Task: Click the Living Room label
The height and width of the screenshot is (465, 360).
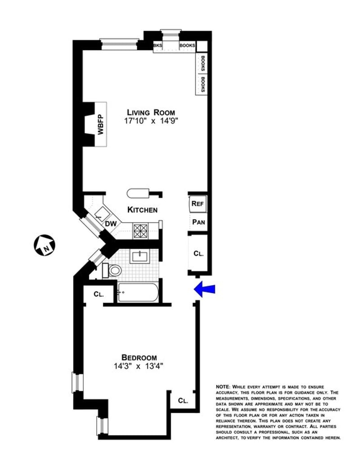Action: [x=150, y=112]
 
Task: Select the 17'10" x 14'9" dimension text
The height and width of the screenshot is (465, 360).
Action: [x=150, y=121]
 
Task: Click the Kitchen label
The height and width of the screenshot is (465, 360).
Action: [x=142, y=210]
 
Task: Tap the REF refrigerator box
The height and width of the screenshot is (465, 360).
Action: [x=198, y=204]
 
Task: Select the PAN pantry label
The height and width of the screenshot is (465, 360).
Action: [x=198, y=222]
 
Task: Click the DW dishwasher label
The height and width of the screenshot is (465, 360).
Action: [x=111, y=224]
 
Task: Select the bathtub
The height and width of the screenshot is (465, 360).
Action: [x=137, y=292]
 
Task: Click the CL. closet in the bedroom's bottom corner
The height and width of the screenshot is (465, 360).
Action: [x=183, y=400]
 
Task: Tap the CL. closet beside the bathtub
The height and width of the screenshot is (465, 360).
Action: [x=99, y=295]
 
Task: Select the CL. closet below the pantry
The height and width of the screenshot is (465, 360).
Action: [x=198, y=253]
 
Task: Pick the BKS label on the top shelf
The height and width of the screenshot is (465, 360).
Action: [x=157, y=45]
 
